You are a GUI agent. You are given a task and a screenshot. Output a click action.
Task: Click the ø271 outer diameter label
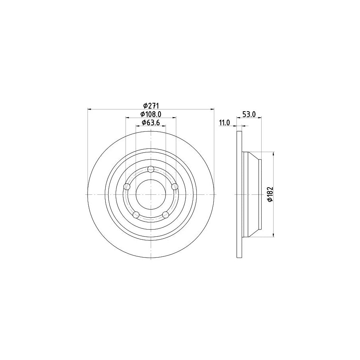151,106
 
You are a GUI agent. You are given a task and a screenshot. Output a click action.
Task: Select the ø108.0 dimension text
151,114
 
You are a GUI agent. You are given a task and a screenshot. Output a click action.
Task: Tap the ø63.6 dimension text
151,123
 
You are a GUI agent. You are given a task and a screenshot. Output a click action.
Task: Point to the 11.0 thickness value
224,123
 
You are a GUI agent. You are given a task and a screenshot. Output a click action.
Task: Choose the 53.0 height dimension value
249,114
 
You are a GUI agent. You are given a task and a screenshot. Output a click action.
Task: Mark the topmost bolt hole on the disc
151,169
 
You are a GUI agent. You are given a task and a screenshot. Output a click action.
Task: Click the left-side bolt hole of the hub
128,186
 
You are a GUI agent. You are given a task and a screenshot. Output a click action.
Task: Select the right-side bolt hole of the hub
174,186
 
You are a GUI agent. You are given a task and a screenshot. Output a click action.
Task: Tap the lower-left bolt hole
136,215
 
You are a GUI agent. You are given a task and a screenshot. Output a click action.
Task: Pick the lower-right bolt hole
165,215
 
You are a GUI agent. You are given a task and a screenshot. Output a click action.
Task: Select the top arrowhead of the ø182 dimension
273,154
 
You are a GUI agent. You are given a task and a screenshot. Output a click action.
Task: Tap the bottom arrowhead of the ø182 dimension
273,235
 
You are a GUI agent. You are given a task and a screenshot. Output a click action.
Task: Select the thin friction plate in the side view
240,194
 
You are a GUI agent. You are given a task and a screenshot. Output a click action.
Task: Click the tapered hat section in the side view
252,194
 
